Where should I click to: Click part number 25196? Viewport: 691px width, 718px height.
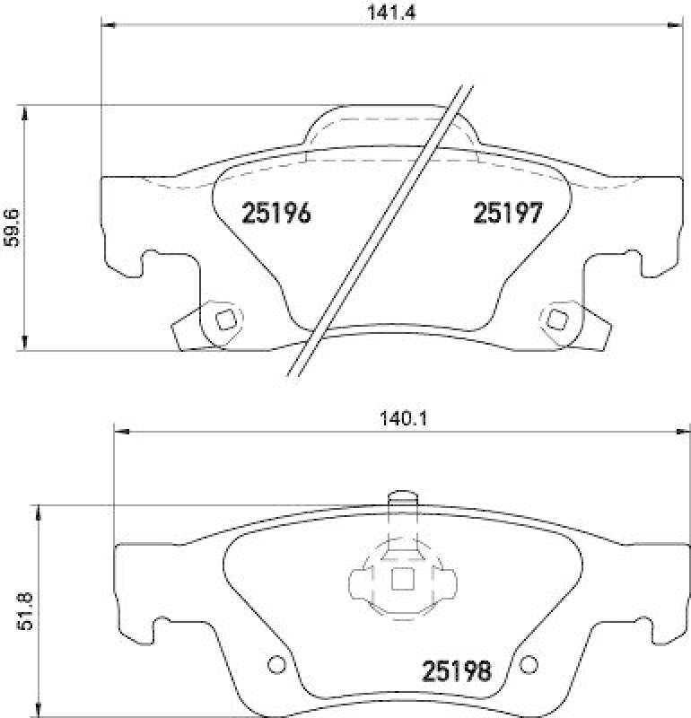[276, 214]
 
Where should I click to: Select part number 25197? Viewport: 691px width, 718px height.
[507, 214]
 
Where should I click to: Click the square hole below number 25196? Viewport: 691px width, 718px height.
[226, 319]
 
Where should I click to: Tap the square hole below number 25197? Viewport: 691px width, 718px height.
[556, 319]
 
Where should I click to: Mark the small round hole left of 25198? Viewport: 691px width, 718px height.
[276, 665]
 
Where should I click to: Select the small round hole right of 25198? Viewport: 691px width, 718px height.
[529, 665]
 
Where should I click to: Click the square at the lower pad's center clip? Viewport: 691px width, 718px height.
[401, 581]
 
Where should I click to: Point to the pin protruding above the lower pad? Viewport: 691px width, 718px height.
[400, 500]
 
